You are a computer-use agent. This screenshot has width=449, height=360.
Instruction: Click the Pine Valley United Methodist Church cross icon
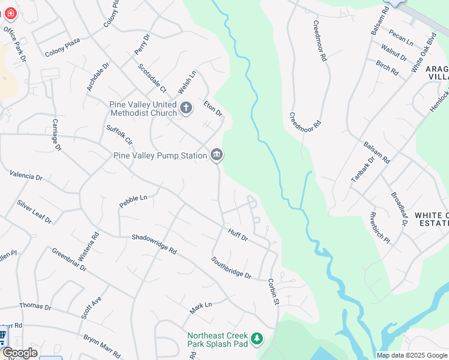point(186,108)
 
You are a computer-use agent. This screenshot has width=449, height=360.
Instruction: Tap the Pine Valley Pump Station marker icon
point(217,155)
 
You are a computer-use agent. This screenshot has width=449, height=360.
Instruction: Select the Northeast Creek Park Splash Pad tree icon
point(257,340)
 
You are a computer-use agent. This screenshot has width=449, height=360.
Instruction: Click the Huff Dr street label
point(238,234)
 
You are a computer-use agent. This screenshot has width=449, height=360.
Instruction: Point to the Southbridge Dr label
point(231,267)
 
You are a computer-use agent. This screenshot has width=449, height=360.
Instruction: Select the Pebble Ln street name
point(133,201)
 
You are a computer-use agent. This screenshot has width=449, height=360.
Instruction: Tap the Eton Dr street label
point(212,109)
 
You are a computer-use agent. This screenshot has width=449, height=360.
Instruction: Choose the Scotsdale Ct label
point(152,79)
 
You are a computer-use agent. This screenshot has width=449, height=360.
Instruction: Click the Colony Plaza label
point(62,52)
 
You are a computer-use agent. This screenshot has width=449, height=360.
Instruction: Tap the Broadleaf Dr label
point(399,208)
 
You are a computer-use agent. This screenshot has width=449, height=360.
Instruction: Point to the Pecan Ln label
point(401,37)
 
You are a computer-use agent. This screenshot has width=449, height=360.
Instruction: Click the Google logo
point(20,353)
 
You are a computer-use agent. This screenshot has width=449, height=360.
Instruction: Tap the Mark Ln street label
point(201,308)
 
